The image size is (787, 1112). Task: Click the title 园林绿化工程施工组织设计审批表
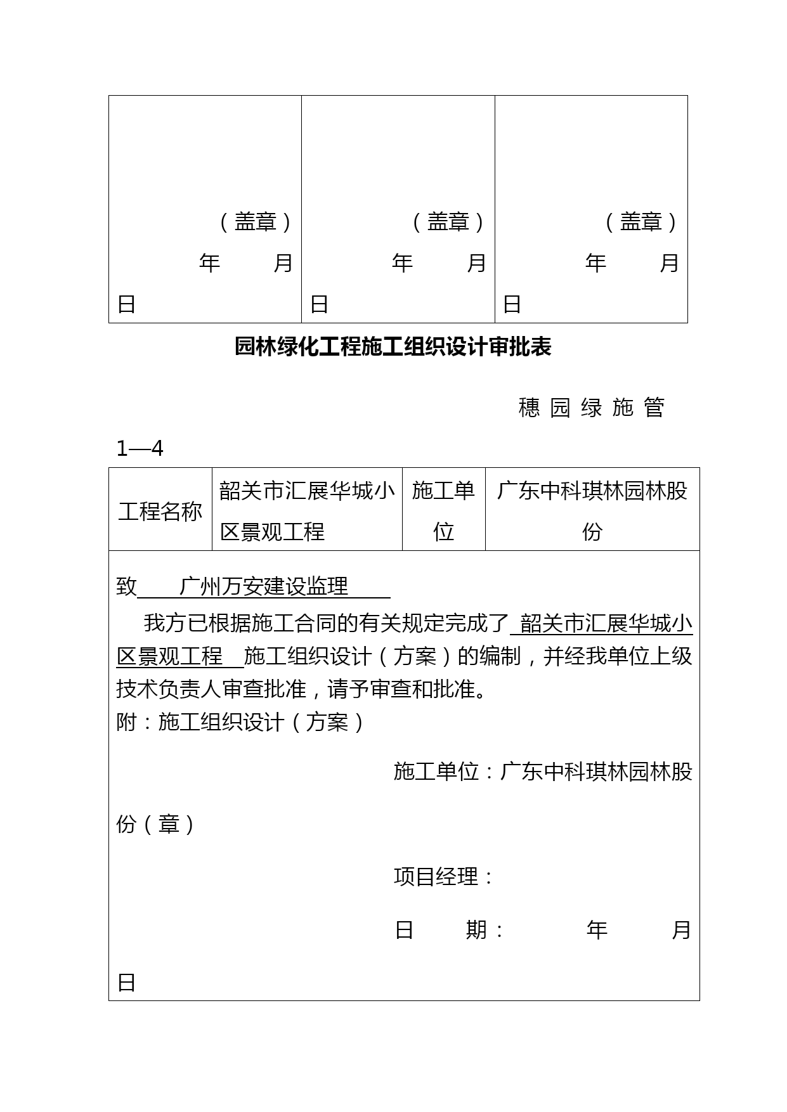point(393,347)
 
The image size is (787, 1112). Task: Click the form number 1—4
point(140,449)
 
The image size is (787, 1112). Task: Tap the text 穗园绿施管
point(592,407)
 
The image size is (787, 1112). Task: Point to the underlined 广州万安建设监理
point(264,586)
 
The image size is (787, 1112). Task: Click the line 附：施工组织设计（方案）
point(241,722)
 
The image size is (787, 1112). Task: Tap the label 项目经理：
point(444,877)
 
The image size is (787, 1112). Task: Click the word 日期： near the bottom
point(450,930)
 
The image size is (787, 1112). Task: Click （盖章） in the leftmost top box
point(256,222)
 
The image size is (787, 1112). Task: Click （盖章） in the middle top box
point(448,222)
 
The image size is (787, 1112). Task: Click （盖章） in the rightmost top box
point(641,222)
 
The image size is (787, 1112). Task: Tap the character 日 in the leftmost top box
point(127,304)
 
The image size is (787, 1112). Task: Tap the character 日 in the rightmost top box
point(512,304)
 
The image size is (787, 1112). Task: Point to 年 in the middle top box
point(403,262)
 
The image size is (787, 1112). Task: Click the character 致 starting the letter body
point(127,586)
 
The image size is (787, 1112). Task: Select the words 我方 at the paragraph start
point(165,623)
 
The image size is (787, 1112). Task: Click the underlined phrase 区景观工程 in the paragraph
point(170,656)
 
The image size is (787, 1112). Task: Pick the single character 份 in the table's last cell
point(592,532)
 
